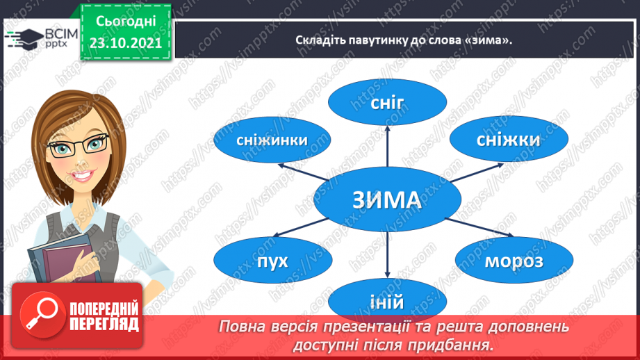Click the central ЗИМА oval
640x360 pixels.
click(387, 199)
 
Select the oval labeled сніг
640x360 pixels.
click(387, 102)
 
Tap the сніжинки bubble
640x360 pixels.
click(272, 140)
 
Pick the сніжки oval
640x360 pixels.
click(509, 139)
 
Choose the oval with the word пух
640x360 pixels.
click(272, 261)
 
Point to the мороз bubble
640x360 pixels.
click(514, 261)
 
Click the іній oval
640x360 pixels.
click(387, 301)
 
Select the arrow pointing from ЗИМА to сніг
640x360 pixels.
click(387, 146)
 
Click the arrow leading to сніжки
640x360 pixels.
click(477, 172)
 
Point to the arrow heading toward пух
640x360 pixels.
click(300, 227)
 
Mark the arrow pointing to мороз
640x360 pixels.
click(479, 227)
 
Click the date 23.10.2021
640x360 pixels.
click(126, 43)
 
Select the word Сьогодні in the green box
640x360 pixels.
click(126, 22)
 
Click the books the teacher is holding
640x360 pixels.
click(65, 259)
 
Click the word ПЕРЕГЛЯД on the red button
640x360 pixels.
click(104, 325)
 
